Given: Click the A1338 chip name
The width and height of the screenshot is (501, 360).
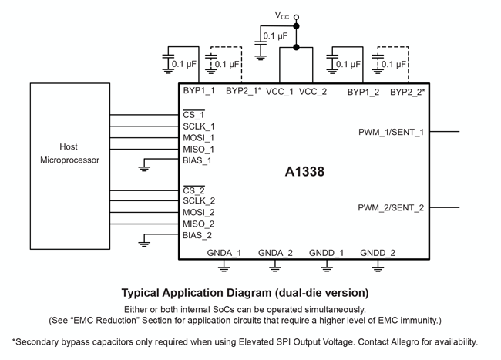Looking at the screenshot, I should point(304,172).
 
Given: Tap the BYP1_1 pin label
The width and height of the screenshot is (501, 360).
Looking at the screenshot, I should point(199,92).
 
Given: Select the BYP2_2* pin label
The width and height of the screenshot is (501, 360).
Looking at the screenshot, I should point(407,92).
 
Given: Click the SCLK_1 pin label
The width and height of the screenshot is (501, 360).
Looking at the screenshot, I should point(199,126).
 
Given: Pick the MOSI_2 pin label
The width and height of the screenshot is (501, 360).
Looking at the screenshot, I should point(199,213).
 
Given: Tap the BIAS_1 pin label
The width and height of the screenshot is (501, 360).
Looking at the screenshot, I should point(197,160).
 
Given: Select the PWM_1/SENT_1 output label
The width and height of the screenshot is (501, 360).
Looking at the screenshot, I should point(391,132).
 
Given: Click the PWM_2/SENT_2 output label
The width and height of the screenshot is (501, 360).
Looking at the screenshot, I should point(391,207).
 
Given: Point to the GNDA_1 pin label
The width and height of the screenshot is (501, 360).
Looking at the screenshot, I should point(224,253).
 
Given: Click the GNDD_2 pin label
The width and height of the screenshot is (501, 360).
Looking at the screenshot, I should point(378,253).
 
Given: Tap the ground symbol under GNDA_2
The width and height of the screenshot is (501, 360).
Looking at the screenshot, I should point(275,267).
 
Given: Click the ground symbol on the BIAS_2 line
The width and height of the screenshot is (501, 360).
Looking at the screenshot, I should point(144,244).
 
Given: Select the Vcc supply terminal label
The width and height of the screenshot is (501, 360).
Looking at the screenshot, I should point(284,14).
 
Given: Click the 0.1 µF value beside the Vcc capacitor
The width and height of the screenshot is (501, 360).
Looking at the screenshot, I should point(277,35).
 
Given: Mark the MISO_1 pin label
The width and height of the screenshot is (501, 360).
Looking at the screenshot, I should point(199,149).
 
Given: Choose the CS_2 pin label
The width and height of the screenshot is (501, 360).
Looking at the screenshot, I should point(194,190).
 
